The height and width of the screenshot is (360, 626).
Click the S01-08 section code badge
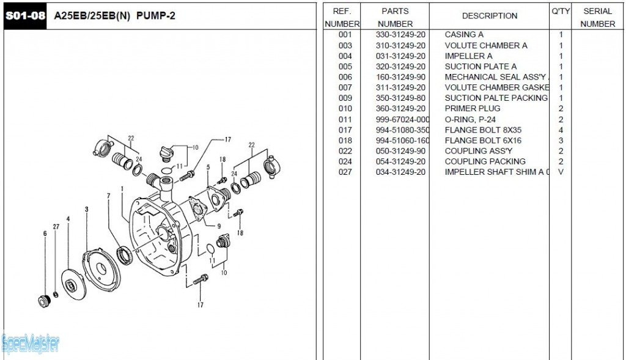26,16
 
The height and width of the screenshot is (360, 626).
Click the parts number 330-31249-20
400,35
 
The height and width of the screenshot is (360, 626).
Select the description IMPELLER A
468,56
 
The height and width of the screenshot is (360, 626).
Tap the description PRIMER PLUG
473,109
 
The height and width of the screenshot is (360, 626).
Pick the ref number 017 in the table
345,130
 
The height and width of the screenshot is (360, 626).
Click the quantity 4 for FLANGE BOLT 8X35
561,130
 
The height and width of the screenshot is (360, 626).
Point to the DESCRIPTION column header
489,16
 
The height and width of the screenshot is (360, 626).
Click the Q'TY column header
561,11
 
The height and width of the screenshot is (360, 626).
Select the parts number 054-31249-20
400,161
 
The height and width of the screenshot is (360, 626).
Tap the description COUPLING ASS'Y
478,151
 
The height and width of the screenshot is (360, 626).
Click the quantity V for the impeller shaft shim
561,172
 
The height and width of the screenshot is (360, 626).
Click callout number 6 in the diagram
45,233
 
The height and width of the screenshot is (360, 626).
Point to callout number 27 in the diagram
56,227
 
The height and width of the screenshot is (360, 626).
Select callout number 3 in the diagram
86,210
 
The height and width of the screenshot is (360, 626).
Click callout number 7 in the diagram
108,196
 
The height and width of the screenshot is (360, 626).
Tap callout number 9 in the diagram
218,226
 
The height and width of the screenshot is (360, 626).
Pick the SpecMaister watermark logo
31,344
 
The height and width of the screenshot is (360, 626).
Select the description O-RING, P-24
470,119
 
